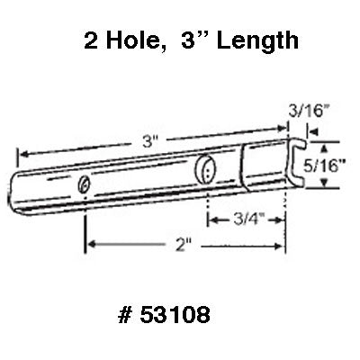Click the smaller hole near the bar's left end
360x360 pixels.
tap(84, 184)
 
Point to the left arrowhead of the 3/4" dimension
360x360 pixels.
tap(212, 217)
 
